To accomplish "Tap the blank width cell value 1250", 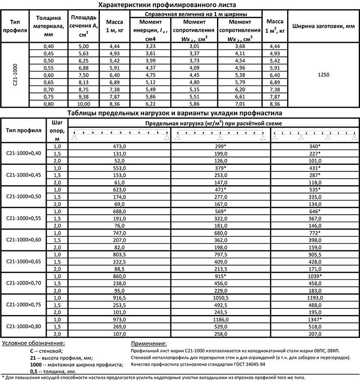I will [323, 74].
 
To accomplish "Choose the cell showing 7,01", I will [243, 104].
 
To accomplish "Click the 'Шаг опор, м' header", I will [57, 130].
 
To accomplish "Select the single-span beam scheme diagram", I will [119, 135].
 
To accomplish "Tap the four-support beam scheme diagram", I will [315, 135].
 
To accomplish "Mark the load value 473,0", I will [119, 146].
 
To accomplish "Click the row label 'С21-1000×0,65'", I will [24, 261].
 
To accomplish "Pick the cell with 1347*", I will [315, 320].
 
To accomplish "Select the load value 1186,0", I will [221, 320].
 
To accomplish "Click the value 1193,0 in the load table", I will [315, 298].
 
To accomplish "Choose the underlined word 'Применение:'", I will [146, 344].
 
